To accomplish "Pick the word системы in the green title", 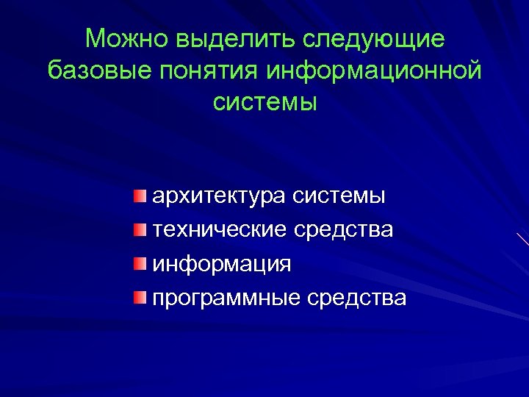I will tap(264, 102).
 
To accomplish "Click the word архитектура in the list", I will tap(219, 197).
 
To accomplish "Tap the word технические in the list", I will tap(218, 230).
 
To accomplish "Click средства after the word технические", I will tap(344, 230).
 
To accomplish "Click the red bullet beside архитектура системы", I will tap(140, 196).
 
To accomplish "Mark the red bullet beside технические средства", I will tap(140, 229).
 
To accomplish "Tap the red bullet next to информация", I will tap(140, 263).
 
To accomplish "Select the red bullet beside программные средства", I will tap(140, 297).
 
